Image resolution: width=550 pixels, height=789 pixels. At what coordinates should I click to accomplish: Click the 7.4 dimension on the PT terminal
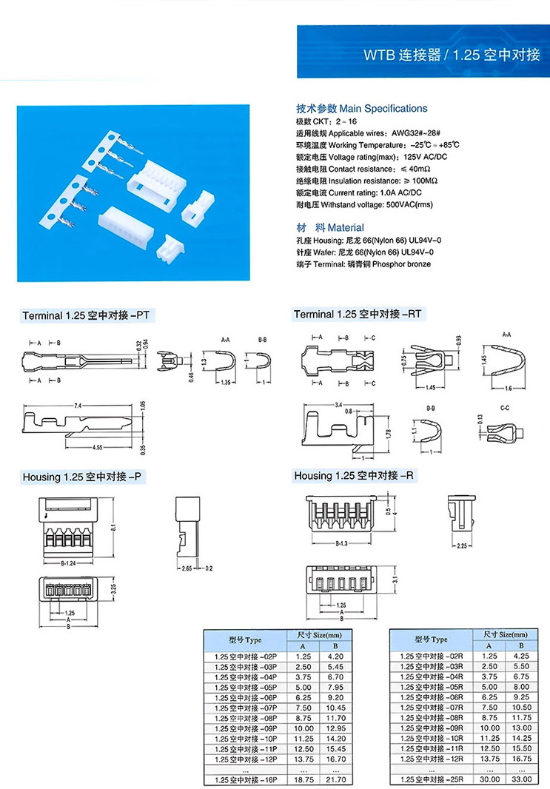(77, 406)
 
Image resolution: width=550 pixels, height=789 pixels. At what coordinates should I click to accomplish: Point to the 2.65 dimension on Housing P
(186, 568)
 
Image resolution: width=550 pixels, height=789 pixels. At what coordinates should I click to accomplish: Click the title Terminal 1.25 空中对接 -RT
(358, 315)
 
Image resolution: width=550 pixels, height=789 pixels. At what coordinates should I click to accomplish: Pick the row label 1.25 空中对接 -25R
(431, 779)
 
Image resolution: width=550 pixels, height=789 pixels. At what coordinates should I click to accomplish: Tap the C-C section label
(504, 408)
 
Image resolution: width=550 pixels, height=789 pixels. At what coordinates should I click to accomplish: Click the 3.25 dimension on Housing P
(113, 591)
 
